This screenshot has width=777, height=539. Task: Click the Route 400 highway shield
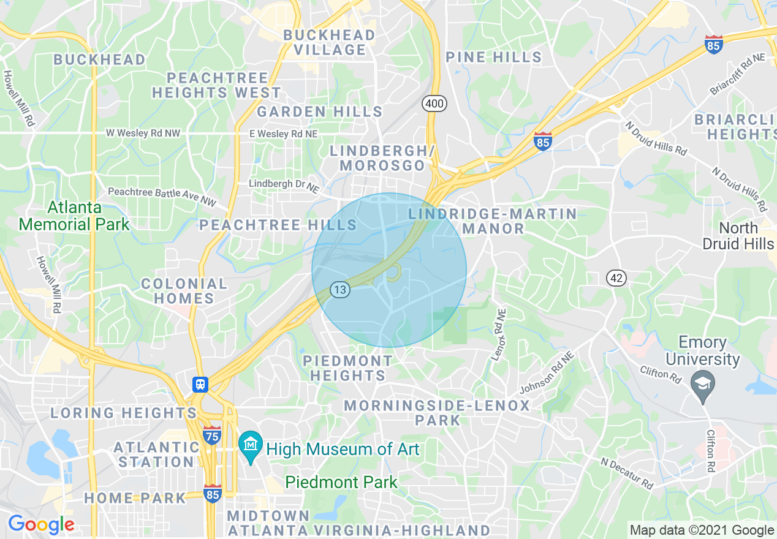(434, 104)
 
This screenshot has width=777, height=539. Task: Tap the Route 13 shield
(341, 289)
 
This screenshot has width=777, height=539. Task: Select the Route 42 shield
(617, 278)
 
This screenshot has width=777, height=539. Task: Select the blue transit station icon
(200, 385)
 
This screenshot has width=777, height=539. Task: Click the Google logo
(41, 524)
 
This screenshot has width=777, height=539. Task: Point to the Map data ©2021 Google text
(702, 530)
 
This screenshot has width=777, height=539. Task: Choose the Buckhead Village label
(330, 42)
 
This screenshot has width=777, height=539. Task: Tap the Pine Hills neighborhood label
(493, 58)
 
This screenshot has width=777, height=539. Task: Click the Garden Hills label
(319, 111)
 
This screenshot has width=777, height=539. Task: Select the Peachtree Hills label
(278, 225)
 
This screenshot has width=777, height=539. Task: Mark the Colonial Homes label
(184, 291)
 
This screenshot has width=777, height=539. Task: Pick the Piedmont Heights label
(347, 367)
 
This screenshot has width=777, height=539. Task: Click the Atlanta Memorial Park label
(74, 216)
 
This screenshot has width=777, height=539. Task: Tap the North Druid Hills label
(738, 236)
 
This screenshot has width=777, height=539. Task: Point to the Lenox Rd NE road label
(498, 334)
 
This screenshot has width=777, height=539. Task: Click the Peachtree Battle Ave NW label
(162, 196)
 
